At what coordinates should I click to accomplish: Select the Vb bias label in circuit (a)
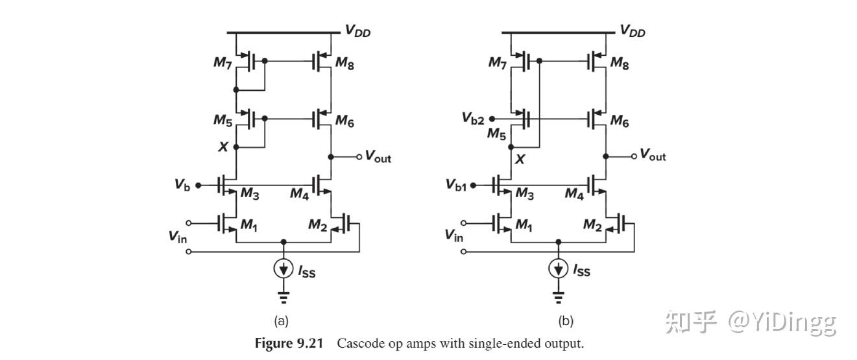(182, 185)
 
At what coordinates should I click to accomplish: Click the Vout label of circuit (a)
(378, 156)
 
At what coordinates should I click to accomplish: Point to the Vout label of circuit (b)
(653, 154)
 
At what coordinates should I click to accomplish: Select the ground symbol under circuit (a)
(283, 298)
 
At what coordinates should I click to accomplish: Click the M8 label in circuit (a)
(344, 63)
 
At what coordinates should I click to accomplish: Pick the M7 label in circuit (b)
(498, 63)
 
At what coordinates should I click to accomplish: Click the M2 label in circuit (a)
(317, 225)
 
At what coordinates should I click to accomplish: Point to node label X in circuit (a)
(223, 147)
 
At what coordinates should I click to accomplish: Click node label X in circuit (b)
(518, 158)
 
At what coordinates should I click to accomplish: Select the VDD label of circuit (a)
(357, 30)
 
